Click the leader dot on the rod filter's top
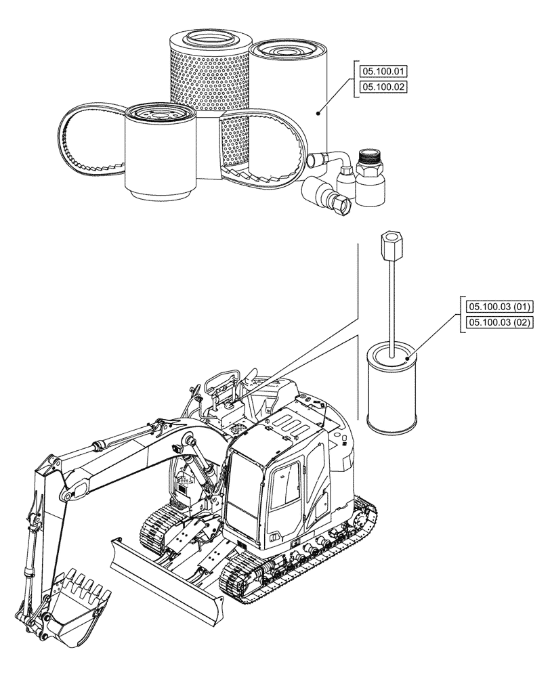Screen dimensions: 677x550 pyautogui.click(x=407, y=357)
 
